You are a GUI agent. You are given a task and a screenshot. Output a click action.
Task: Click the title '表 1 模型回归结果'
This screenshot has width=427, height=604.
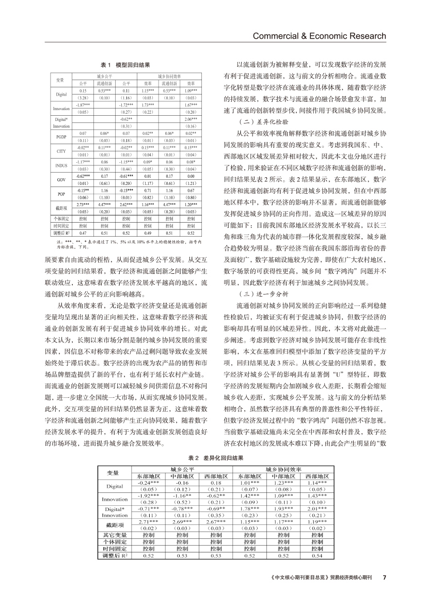(125, 66)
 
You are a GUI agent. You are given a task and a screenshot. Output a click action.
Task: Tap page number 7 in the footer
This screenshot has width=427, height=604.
(384, 577)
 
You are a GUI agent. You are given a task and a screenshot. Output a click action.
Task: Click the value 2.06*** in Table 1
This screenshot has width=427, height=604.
(191, 119)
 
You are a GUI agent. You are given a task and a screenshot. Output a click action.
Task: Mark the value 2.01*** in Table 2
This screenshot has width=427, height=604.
(317, 509)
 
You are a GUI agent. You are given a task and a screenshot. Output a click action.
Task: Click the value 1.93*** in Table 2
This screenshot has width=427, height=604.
(283, 509)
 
